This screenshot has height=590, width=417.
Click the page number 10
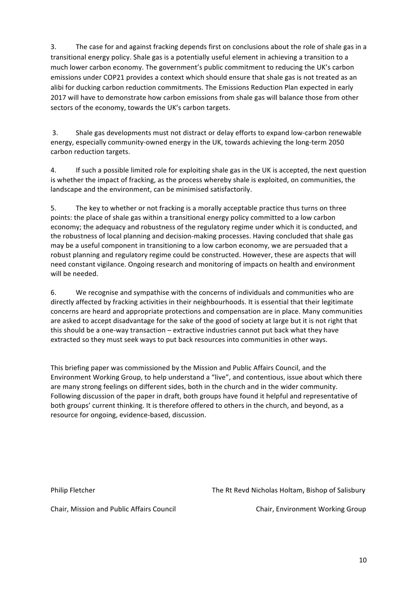pos(362,560)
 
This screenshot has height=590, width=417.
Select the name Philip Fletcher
pos(72,490)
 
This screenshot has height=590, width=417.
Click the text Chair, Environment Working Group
pos(310,509)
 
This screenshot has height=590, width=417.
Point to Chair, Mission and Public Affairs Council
pos(113,509)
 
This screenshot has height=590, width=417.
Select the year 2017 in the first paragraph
pos(58,97)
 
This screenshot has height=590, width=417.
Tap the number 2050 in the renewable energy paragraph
pos(336,142)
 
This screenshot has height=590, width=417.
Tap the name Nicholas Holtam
pos(277,490)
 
